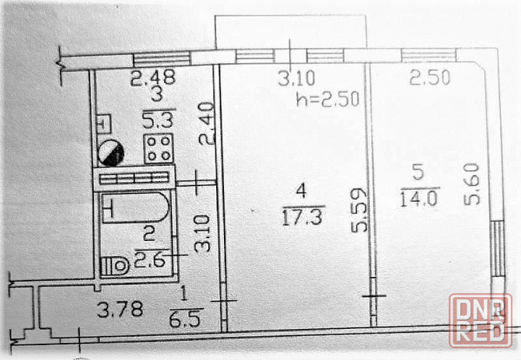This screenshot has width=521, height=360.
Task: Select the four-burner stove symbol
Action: click(x=157, y=148)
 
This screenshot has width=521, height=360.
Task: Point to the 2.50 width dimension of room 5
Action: click(x=428, y=77)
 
